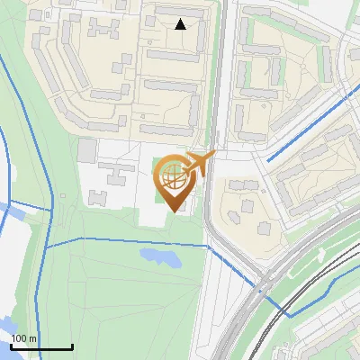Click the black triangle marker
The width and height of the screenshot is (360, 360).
(181, 24)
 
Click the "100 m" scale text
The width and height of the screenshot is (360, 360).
(24, 338)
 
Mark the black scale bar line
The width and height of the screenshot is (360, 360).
(41, 346)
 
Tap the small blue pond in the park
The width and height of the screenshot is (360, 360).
(159, 258)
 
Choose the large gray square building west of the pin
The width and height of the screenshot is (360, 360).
(87, 150)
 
